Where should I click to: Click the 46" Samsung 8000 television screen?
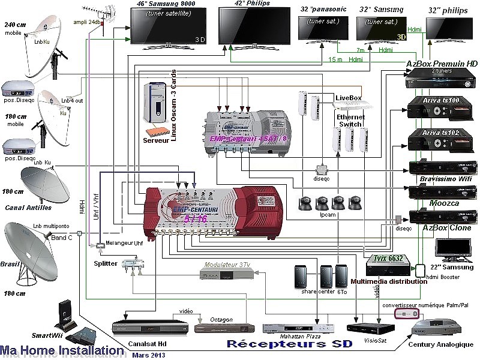[164, 25]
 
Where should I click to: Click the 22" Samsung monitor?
[454, 252]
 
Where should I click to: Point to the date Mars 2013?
[148, 355]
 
